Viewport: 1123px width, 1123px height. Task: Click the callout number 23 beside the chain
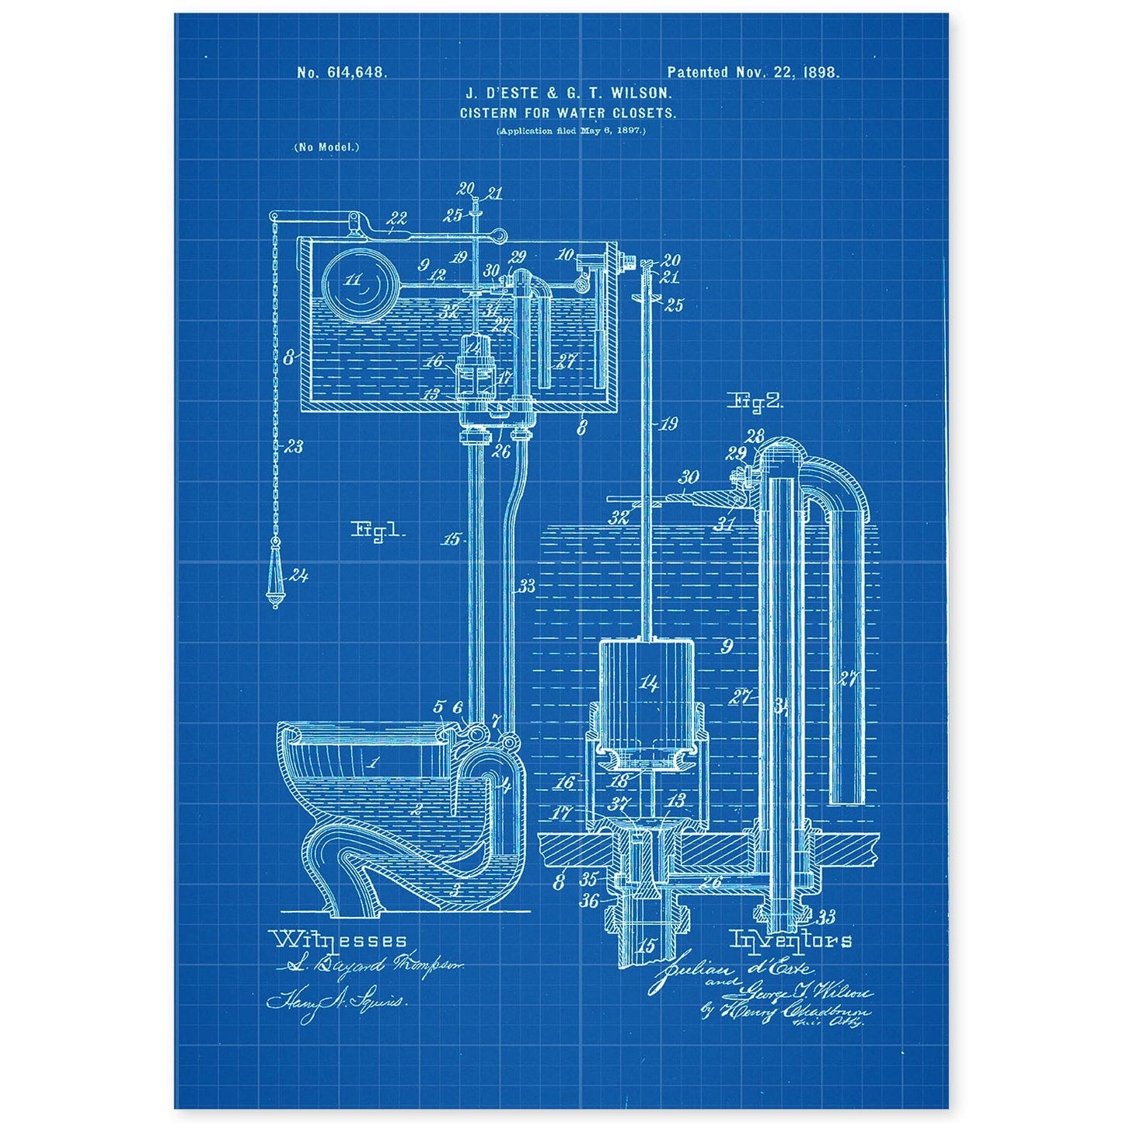tap(294, 447)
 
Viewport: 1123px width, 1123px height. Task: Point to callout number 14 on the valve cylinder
tap(649, 683)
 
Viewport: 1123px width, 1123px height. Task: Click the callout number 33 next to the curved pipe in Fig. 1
tap(527, 586)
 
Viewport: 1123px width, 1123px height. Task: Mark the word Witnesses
tap(339, 940)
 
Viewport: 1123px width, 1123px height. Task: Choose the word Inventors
tap(790, 940)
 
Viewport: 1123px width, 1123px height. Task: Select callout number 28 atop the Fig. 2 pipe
tap(755, 437)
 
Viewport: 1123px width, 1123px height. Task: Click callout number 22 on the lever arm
tap(397, 218)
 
